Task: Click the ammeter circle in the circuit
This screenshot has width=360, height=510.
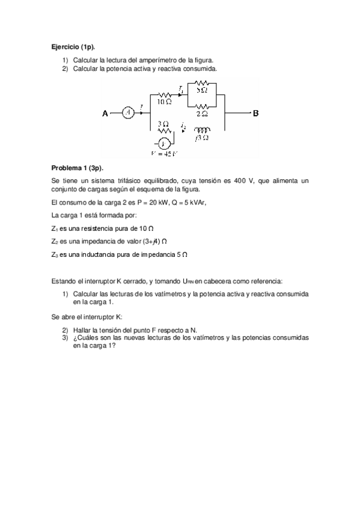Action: (127, 113)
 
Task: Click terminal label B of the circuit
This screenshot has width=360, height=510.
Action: (255, 113)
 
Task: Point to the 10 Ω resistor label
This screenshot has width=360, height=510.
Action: (165, 102)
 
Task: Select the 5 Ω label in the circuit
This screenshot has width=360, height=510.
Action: (202, 90)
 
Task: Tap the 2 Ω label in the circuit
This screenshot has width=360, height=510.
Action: (202, 114)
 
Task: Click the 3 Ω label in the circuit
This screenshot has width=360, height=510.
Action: (163, 123)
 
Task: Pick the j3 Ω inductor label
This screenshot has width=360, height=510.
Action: (202, 138)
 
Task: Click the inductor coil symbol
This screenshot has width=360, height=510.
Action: (203, 129)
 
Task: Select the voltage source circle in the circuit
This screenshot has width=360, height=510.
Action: (163, 144)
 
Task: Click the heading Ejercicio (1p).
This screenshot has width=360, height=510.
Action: (73, 46)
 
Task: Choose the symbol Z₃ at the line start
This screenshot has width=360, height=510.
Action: (55, 255)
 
